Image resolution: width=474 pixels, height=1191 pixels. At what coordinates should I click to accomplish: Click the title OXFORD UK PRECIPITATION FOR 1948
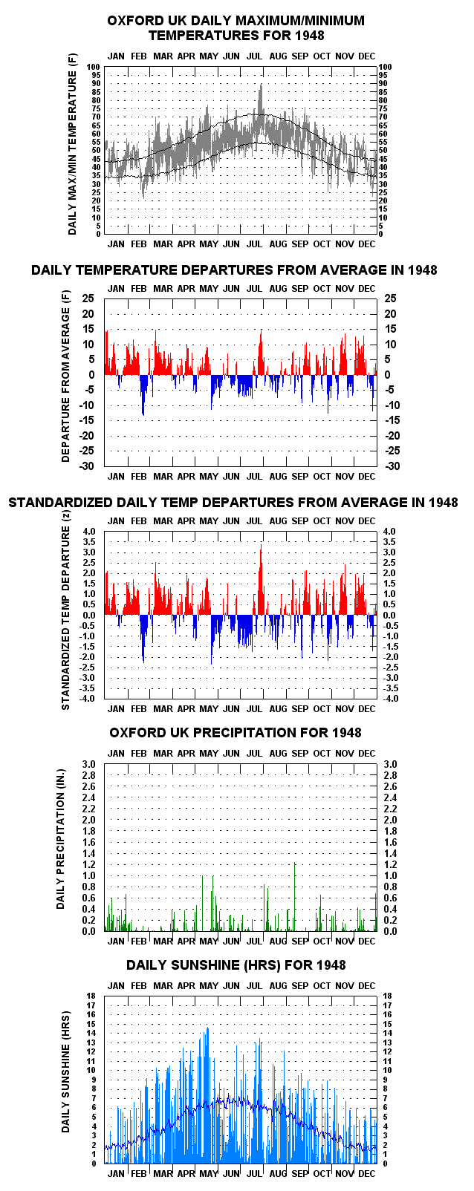pos(236,733)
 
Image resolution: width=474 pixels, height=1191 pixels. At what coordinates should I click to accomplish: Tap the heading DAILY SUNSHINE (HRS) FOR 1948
pos(236,965)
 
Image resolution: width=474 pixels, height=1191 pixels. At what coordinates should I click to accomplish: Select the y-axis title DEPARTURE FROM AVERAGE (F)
pos(66,376)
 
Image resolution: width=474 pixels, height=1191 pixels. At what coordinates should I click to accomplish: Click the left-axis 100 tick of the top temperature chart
pos(94,67)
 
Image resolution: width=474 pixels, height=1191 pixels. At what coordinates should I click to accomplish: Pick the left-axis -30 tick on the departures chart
pos(88,466)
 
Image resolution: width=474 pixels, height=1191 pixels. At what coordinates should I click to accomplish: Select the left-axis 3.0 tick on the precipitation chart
pos(88,765)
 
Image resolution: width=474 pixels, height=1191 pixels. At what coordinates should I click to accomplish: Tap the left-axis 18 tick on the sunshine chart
pos(91,996)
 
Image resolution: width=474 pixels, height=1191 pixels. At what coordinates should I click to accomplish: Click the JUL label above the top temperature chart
pos(254,56)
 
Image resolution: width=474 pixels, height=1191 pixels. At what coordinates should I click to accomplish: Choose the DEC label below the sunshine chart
pos(366,1173)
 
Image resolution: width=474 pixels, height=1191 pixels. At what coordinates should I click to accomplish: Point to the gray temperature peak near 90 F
pos(262,85)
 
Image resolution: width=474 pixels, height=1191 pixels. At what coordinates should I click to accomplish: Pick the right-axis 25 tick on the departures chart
pos(391,298)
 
